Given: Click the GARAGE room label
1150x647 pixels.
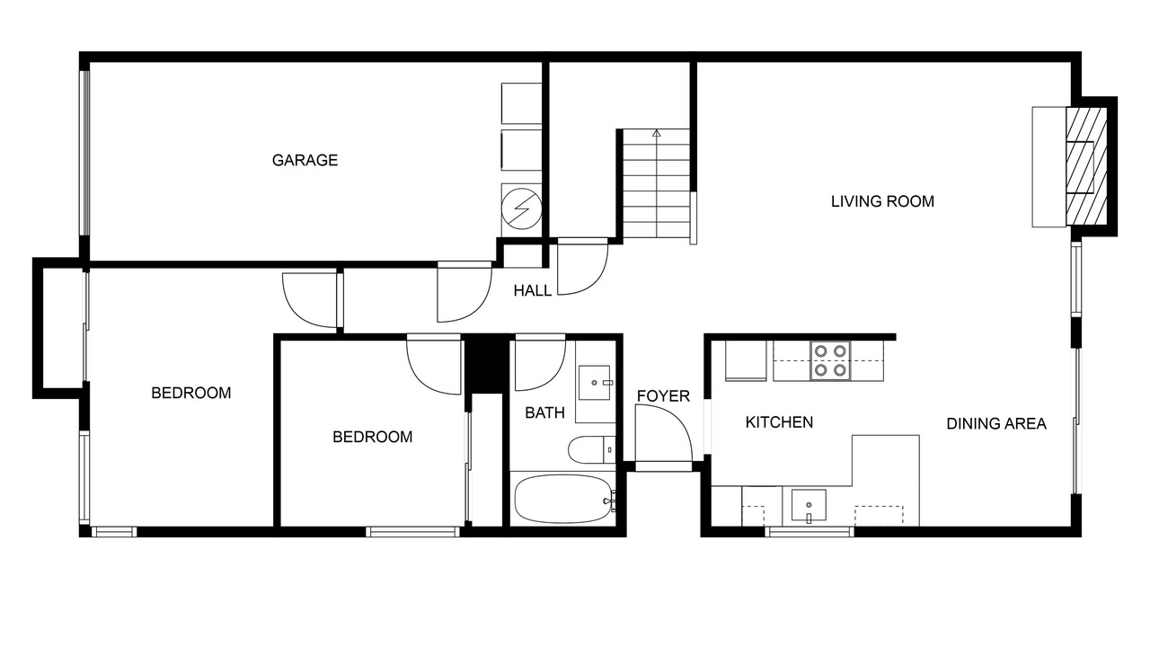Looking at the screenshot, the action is coord(305,160).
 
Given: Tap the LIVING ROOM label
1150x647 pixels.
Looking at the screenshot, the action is coord(882,201).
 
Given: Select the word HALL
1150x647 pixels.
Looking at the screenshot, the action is coord(533,290).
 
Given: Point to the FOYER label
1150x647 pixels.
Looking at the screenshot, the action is coord(663,396).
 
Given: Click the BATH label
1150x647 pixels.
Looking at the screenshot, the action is coord(544,412).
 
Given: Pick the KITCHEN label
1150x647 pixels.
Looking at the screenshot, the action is coord(779,422).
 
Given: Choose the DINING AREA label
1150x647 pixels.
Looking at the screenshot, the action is coord(996,423).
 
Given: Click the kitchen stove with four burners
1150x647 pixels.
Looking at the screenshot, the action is coord(830,360).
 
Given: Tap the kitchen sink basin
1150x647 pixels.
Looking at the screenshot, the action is coord(809,505).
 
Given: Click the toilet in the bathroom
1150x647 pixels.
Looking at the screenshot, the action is coord(591,450).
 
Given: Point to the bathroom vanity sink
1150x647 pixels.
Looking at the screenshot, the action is coord(595,383).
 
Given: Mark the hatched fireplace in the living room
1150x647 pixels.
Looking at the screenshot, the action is coord(1086,166).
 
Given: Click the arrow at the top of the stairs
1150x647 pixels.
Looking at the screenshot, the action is coord(656,134).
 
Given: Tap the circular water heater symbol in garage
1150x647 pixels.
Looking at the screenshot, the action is coord(522,208).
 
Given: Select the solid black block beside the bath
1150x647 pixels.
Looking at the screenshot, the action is coord(486,365).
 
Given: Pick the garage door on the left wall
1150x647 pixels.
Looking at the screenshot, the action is coord(84,153).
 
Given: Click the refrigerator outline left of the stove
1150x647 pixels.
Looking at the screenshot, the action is coord(746,361).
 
